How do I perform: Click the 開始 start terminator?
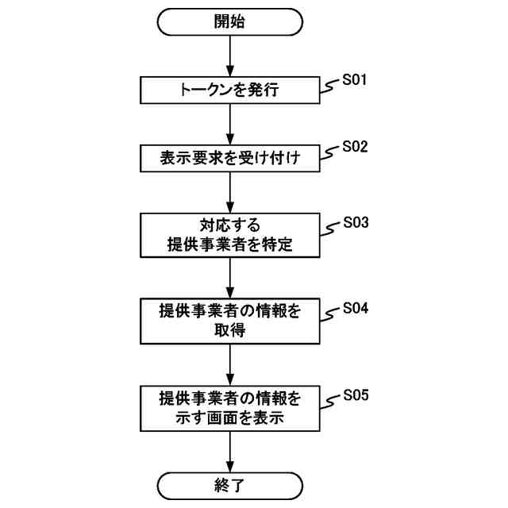point(229,22)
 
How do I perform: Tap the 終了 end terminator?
point(229,484)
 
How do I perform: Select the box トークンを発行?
point(229,90)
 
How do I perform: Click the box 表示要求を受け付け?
point(229,159)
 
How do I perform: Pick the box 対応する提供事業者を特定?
point(229,235)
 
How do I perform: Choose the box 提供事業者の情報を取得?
point(229,321)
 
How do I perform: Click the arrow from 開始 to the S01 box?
point(229,56)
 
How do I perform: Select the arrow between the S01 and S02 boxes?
point(229,125)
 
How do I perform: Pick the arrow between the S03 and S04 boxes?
point(229,278)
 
